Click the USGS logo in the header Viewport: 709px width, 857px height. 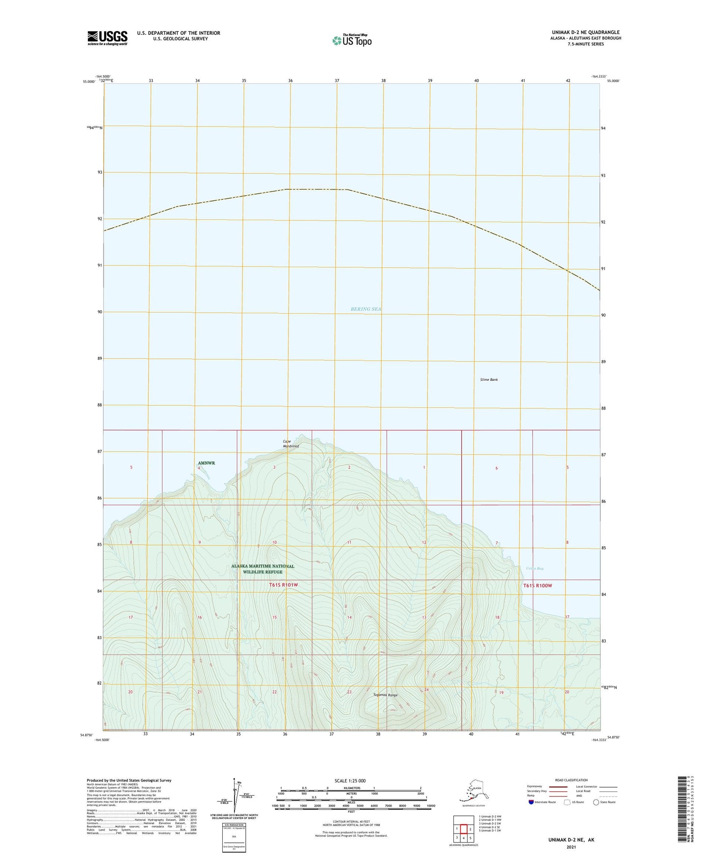(x=107, y=38)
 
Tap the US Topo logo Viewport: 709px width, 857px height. (x=351, y=40)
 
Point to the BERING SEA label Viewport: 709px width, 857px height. (x=366, y=309)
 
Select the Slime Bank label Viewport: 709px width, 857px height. (x=489, y=379)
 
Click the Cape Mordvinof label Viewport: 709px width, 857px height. (x=291, y=444)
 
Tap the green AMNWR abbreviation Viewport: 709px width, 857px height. (x=206, y=463)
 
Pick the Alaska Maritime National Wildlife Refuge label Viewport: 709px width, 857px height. (x=263, y=569)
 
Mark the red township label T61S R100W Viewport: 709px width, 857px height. (x=537, y=586)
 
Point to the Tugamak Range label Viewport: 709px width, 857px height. (x=385, y=695)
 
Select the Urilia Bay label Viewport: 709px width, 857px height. (x=535, y=568)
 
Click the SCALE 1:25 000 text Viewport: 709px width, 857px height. (x=349, y=781)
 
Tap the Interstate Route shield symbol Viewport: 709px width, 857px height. (x=531, y=802)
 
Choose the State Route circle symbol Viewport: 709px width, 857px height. (x=596, y=802)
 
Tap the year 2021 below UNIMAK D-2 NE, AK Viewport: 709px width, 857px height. (x=571, y=847)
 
